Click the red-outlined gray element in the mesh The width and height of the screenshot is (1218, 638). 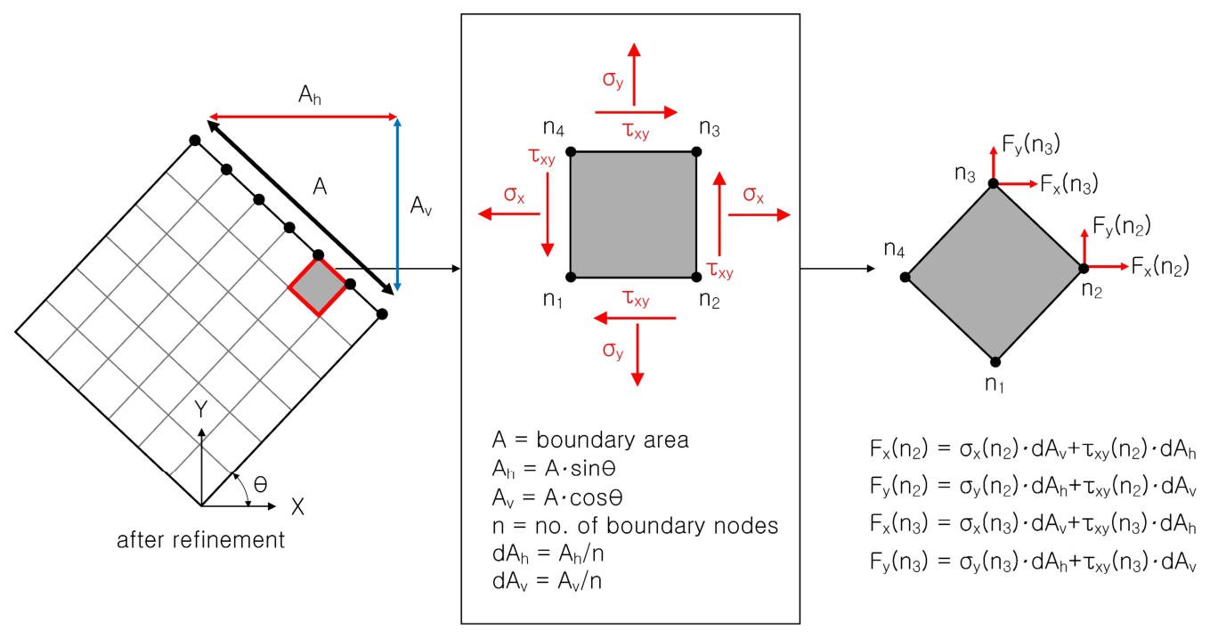(317, 287)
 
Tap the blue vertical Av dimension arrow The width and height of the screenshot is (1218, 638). (397, 205)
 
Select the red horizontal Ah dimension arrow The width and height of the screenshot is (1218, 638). (303, 117)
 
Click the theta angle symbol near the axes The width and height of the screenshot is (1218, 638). (260, 484)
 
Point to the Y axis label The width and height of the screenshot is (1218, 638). (202, 410)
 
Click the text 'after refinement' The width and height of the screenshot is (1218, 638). (201, 540)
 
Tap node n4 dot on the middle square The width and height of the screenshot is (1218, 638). (571, 152)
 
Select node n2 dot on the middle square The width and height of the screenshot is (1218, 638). (696, 277)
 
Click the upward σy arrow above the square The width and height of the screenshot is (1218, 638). (634, 71)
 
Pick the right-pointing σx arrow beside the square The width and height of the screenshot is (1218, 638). (759, 215)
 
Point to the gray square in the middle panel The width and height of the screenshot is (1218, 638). (633, 214)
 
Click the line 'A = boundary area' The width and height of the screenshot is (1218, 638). (590, 440)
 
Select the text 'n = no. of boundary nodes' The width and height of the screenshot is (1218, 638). (635, 526)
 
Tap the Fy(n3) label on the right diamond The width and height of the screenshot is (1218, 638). (1031, 145)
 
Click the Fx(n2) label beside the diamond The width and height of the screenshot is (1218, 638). (1160, 266)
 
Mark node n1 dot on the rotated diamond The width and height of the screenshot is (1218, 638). (995, 361)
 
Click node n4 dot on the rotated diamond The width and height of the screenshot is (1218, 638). (905, 277)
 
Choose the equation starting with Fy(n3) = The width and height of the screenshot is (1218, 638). (1033, 561)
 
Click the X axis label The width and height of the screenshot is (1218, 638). (298, 507)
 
